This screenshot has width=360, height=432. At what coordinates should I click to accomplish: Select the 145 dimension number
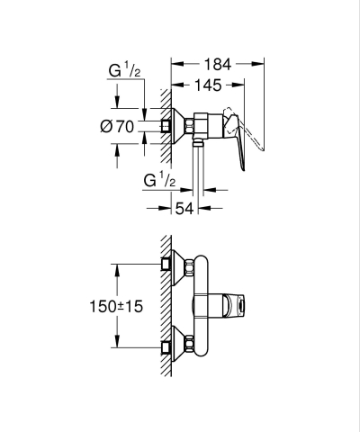(209, 85)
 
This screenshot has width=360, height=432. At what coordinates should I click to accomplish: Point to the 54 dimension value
(185, 209)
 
